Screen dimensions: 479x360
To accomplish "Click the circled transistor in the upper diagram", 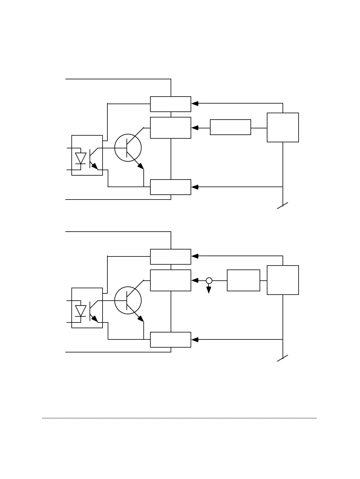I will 128,148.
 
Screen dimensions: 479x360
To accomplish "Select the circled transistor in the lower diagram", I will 128,300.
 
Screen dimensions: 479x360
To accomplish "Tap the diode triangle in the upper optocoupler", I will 81,158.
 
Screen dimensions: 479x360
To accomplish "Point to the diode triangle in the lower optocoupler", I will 81,310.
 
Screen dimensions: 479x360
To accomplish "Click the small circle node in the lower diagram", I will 209,281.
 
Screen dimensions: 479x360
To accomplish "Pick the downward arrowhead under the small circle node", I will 209,290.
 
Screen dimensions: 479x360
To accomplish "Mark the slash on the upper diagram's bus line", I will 283,206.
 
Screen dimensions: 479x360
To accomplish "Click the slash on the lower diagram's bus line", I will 283,358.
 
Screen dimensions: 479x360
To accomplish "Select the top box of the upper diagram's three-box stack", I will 171,104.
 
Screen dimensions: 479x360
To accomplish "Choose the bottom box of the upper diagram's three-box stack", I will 171,187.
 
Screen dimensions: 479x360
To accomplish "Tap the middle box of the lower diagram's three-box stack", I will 171,280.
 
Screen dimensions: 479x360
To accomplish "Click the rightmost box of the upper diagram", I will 283,127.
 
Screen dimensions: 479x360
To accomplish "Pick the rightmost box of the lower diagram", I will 283,280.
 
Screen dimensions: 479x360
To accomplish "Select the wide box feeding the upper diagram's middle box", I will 231,127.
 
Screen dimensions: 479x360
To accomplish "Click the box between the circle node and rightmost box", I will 244,280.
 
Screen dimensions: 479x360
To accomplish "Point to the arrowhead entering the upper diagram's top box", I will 195,104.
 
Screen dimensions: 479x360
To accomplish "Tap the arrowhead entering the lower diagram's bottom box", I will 195,340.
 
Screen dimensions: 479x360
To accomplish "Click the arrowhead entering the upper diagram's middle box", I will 195,128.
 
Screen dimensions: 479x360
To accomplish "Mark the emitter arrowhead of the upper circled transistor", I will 141,166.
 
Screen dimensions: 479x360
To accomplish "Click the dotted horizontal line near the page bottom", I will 179,418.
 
